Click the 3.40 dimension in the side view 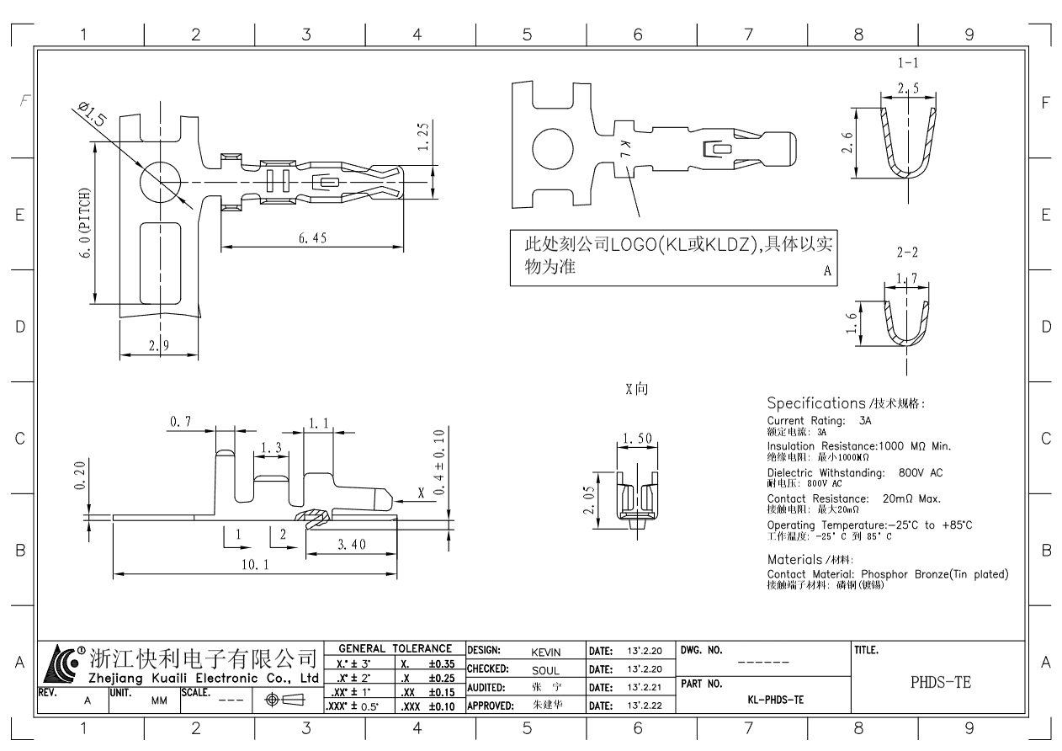[x=351, y=545]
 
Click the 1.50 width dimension [x=636, y=439]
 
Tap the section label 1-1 [x=907, y=62]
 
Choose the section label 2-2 [x=907, y=251]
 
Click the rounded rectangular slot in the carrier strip [x=159, y=263]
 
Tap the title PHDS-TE [x=940, y=683]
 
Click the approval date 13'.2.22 [x=646, y=705]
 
